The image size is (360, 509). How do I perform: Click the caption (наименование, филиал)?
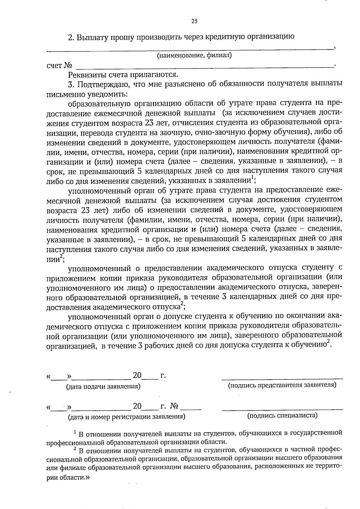[x=194, y=55]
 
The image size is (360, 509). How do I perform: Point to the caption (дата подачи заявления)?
[x=103, y=387]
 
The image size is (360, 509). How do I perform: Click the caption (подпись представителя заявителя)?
[x=282, y=385]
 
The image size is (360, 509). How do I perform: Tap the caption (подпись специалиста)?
[x=282, y=415]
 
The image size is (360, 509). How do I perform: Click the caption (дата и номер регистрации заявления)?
[x=126, y=417]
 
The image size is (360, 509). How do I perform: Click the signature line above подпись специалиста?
[x=282, y=409]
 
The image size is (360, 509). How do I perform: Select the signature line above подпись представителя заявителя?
[x=282, y=379]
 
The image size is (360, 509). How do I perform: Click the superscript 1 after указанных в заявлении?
[x=253, y=177]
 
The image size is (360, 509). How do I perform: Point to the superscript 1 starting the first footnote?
[x=75, y=432]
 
